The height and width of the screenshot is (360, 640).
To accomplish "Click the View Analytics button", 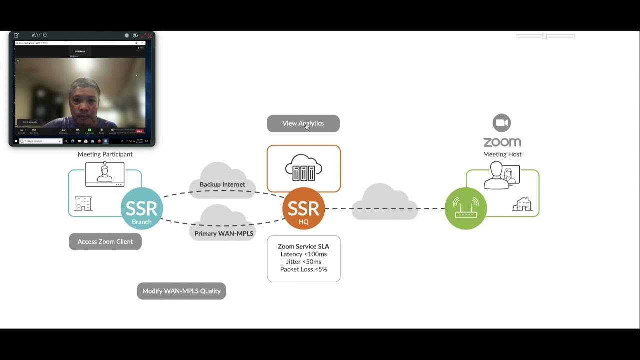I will pyautogui.click(x=303, y=123).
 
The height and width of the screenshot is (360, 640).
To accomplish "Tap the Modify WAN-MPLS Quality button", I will pyautogui.click(x=181, y=291).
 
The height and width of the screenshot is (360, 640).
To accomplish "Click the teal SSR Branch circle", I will pyautogui.click(x=142, y=208).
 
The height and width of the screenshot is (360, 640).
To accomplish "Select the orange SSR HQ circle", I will pyautogui.click(x=303, y=208).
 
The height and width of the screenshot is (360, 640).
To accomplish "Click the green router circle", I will pyautogui.click(x=465, y=208).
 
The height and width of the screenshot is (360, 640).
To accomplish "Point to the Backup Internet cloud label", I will pyautogui.click(x=222, y=184).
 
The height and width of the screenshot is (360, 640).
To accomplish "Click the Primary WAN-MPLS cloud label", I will pyautogui.click(x=224, y=233).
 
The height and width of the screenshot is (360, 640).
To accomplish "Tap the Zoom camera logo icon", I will pyautogui.click(x=501, y=123).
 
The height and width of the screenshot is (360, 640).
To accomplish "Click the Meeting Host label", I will pyautogui.click(x=502, y=154).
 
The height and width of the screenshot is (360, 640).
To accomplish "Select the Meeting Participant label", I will pyautogui.click(x=105, y=154).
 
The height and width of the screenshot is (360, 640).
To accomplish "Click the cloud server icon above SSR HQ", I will pyautogui.click(x=303, y=168).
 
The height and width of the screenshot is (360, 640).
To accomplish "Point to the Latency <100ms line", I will pyautogui.click(x=303, y=254).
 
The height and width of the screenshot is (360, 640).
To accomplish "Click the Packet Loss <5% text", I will pyautogui.click(x=303, y=269).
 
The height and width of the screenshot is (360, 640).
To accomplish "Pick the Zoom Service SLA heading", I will pyautogui.click(x=303, y=246).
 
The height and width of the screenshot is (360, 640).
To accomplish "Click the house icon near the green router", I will pyautogui.click(x=522, y=204).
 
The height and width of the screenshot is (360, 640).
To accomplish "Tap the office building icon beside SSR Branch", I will pyautogui.click(x=83, y=204).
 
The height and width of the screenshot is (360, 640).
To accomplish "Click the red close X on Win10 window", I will pyautogui.click(x=150, y=35).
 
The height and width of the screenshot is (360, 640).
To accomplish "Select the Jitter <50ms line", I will pyautogui.click(x=303, y=262).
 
